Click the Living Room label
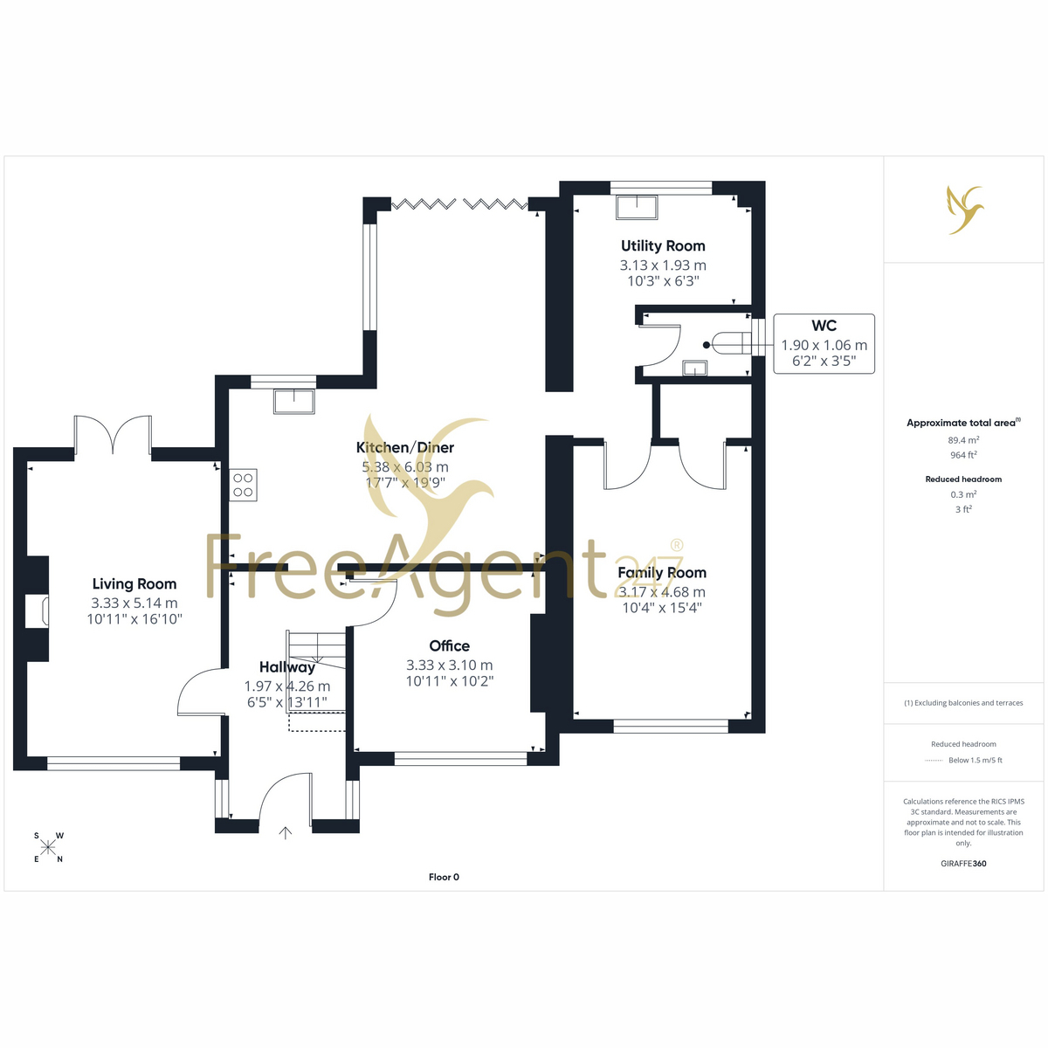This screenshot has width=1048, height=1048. point(134,583)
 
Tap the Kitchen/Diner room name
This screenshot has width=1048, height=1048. point(405,448)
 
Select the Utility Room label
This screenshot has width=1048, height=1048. point(663,245)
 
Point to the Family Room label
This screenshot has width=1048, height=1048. point(662,572)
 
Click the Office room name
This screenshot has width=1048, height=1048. point(449,645)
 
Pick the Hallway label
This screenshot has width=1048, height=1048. point(287,667)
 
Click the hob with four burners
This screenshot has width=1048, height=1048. point(243,485)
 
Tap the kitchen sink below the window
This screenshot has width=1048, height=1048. point(294,402)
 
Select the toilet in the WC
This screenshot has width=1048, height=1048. point(728,345)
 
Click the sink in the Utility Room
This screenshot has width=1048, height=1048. point(637,207)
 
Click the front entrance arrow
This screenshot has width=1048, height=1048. point(285,832)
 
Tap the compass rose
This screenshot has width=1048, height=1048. point(48,847)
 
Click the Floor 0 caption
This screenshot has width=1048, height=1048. point(444,877)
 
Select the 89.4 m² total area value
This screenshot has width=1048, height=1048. point(963,440)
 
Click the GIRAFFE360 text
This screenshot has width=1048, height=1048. point(963,863)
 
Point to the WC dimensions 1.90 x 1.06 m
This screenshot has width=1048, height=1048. point(824,345)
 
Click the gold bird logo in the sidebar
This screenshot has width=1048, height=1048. point(965,210)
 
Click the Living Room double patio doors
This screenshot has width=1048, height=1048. point(113,435)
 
